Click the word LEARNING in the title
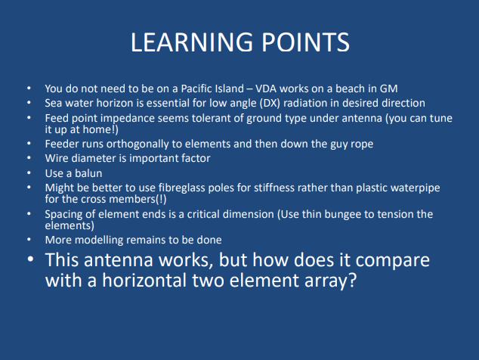click(192, 42)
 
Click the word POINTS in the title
click(305, 42)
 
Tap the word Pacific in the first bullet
click(196, 88)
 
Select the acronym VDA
click(266, 88)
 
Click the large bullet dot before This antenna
click(30, 259)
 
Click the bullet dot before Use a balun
click(29, 173)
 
